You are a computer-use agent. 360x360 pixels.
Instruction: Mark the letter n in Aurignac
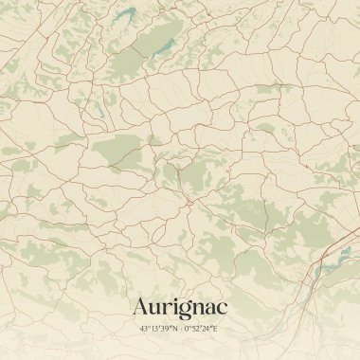click(x=198, y=309)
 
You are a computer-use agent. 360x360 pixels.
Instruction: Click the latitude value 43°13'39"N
click(x=158, y=328)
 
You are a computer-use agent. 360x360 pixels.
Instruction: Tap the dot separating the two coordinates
click(x=180, y=328)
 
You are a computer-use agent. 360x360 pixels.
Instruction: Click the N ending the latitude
click(x=173, y=328)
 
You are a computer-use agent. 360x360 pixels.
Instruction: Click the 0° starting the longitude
click(x=188, y=328)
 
